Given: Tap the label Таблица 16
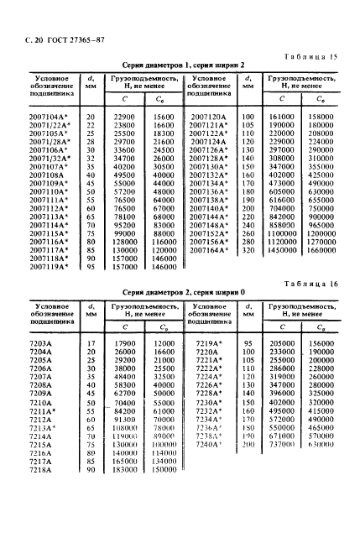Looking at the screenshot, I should [314, 285].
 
